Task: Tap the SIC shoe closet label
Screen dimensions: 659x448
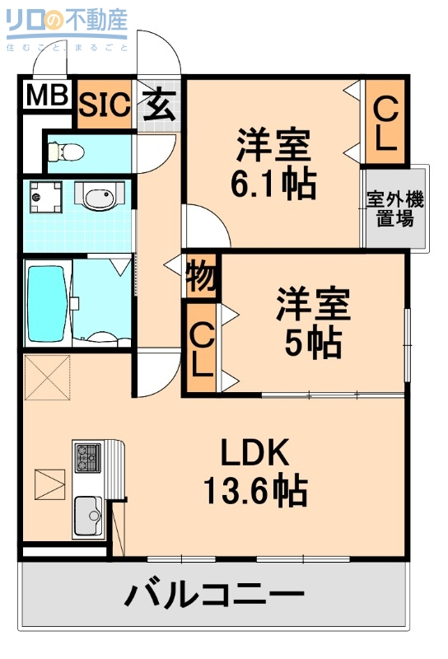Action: point(105,104)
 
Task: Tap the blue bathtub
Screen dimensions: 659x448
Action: point(46,302)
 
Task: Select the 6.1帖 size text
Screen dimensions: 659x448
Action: point(273,185)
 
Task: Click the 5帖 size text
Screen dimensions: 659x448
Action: point(313,344)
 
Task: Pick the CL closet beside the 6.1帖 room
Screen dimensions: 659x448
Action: point(385,123)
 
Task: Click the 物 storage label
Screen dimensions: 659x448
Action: point(201,277)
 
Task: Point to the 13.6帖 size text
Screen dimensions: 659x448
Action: point(255,493)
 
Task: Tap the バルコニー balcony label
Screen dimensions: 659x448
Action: point(214,595)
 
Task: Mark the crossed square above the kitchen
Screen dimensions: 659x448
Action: point(46,376)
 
